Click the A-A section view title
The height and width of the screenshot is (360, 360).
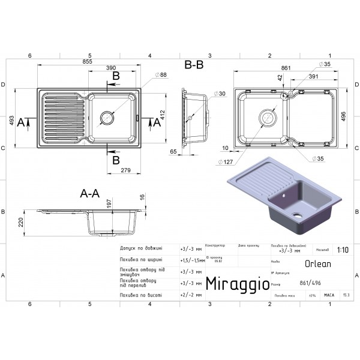(x=90, y=194)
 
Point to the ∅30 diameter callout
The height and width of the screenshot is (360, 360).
(x=220, y=94)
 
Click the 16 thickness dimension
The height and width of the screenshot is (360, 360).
(x=142, y=197)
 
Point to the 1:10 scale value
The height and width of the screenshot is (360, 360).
(x=342, y=248)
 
